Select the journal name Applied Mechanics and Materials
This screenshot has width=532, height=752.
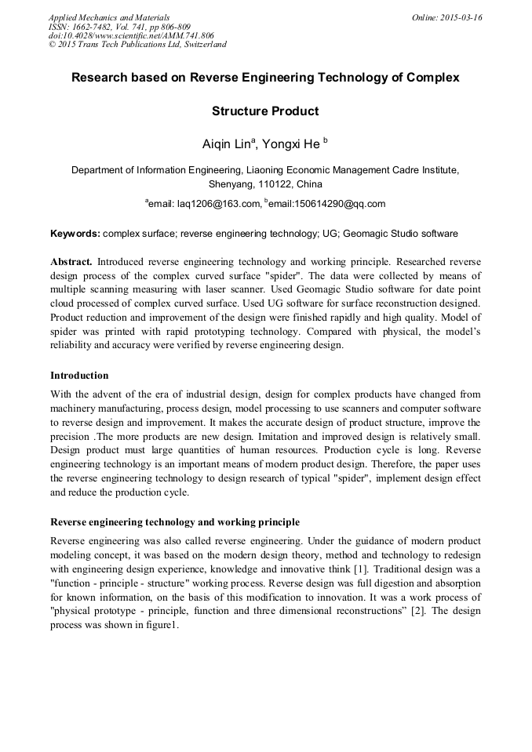(x=109, y=17)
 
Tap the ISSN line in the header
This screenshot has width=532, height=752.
(x=119, y=27)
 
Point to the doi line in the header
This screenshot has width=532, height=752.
(x=131, y=35)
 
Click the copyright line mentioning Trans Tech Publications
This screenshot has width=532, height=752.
(x=137, y=45)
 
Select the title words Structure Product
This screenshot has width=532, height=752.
(x=265, y=111)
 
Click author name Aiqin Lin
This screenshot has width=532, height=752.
(x=228, y=143)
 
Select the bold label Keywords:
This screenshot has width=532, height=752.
(x=75, y=234)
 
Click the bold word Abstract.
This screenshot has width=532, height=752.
(x=71, y=260)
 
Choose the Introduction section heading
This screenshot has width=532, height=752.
(x=79, y=376)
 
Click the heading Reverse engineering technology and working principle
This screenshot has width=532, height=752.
(x=174, y=521)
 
